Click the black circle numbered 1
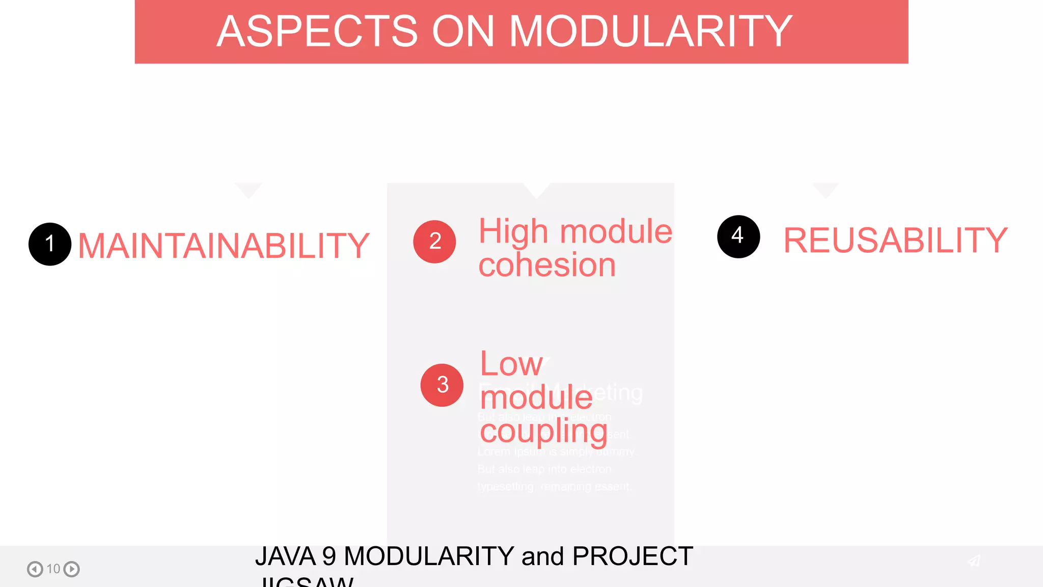pos(50,244)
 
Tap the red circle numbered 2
pos(434,242)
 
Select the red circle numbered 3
pos(442,385)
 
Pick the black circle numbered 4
pos(738,236)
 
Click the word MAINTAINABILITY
pos(224,246)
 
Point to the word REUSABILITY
pos(895,241)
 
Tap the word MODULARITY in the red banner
pos(650,32)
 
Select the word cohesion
pos(547,265)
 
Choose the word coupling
pos(543,431)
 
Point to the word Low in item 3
pos(511,364)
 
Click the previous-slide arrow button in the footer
pos(35,569)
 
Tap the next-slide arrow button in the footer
pos(72,569)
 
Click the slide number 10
pos(53,569)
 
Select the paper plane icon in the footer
pos(974,561)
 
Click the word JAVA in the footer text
pos(285,556)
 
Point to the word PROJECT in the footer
pos(632,556)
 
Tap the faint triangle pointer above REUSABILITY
pos(826,189)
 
